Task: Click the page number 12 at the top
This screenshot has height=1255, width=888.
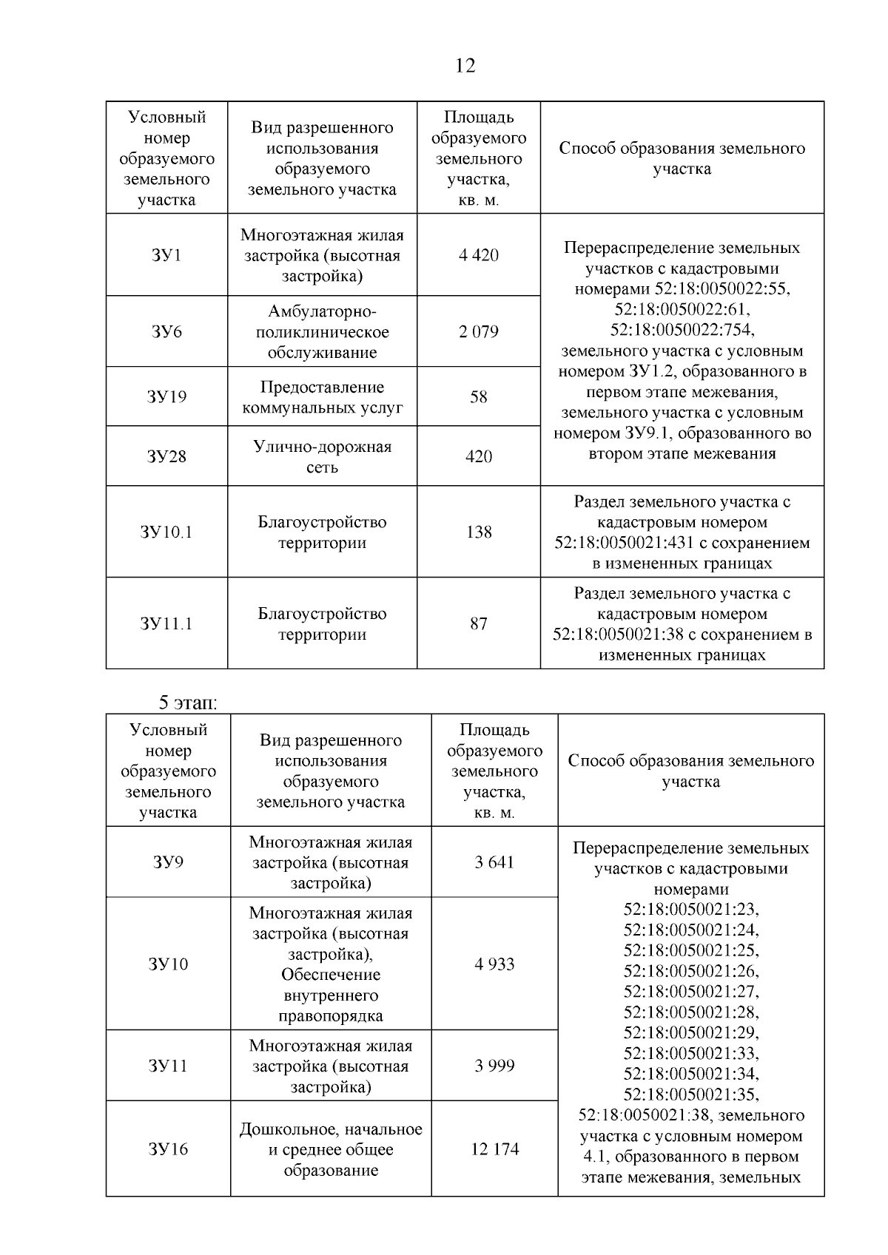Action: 465,67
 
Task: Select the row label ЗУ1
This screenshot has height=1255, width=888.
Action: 166,256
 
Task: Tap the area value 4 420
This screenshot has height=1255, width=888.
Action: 479,256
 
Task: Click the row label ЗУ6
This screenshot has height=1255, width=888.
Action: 166,332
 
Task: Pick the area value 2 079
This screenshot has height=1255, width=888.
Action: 479,332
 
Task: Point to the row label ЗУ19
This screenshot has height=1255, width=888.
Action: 166,397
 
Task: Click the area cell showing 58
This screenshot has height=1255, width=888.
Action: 479,397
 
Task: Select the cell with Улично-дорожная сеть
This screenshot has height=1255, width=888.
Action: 322,457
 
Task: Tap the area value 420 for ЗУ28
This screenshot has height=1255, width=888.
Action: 479,457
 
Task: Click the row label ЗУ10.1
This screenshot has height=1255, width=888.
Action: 166,532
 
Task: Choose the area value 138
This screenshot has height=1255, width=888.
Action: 479,532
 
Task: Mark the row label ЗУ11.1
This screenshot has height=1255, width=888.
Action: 166,624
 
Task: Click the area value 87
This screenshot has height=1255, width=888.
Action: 479,624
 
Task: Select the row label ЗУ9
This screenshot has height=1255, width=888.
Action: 169,862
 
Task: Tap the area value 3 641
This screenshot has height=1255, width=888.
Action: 494,862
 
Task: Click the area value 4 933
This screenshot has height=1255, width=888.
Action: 494,964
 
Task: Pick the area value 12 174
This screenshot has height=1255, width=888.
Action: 494,1149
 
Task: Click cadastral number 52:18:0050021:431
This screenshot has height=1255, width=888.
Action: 624,544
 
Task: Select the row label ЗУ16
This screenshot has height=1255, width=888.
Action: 169,1149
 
